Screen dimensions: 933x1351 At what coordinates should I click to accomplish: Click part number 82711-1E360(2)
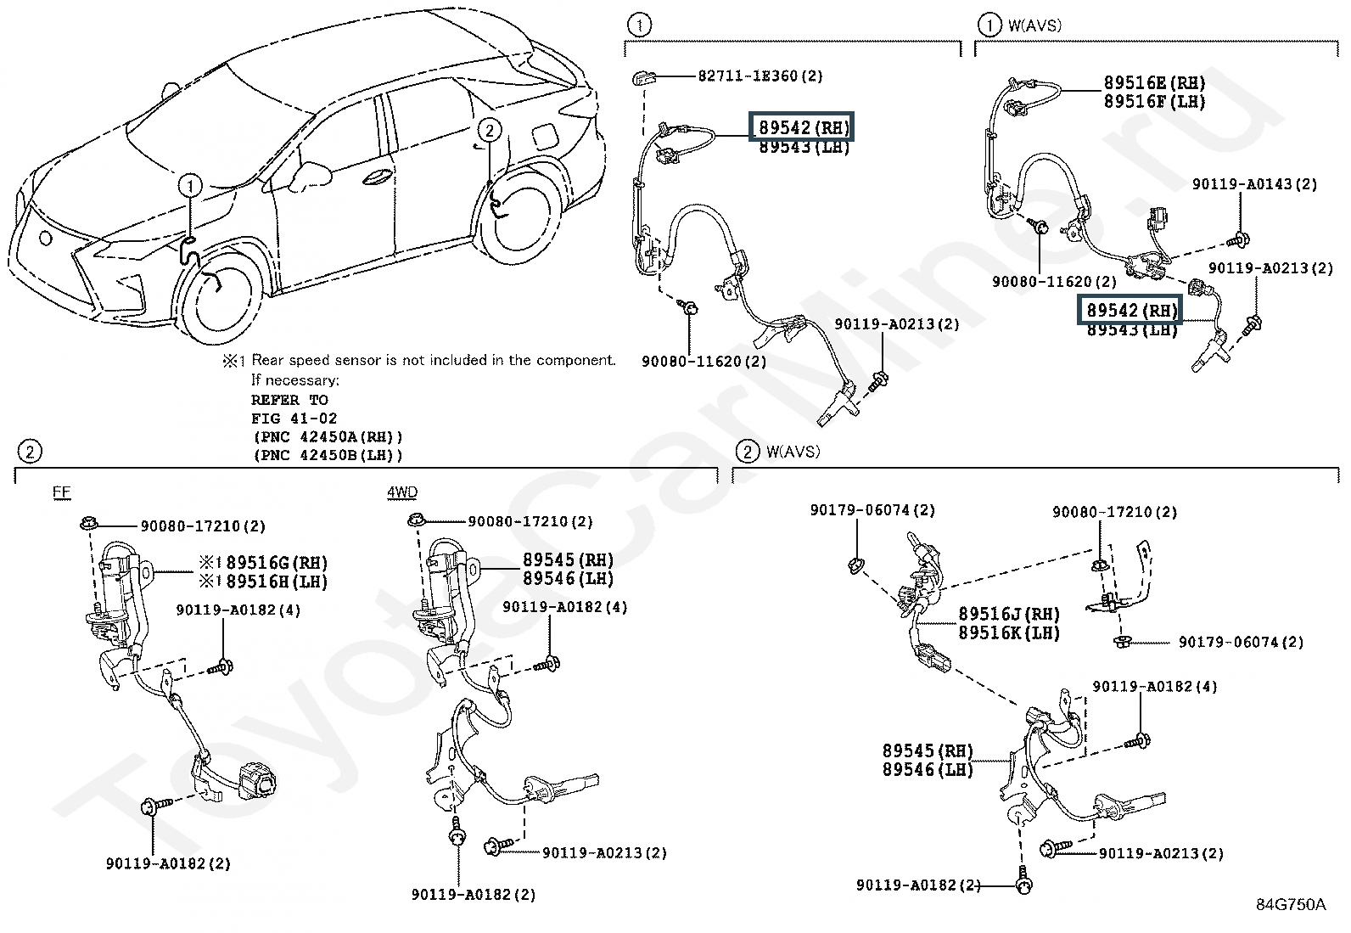point(760,76)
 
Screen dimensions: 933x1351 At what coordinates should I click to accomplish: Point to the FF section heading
point(61,492)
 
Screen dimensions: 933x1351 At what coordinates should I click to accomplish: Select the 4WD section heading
point(401,492)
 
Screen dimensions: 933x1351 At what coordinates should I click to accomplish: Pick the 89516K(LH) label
point(1009,632)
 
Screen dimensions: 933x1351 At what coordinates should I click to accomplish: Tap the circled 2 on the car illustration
point(489,130)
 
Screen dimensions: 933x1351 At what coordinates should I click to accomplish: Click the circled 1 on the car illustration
point(191,185)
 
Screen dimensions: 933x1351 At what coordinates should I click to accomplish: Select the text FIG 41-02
point(294,418)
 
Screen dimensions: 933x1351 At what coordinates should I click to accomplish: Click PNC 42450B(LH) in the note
point(328,455)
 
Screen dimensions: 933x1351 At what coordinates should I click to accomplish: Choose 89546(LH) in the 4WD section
point(568,579)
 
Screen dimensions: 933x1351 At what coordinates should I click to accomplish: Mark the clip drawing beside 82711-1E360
point(642,77)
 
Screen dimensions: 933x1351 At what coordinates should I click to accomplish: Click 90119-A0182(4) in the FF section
point(238,610)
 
